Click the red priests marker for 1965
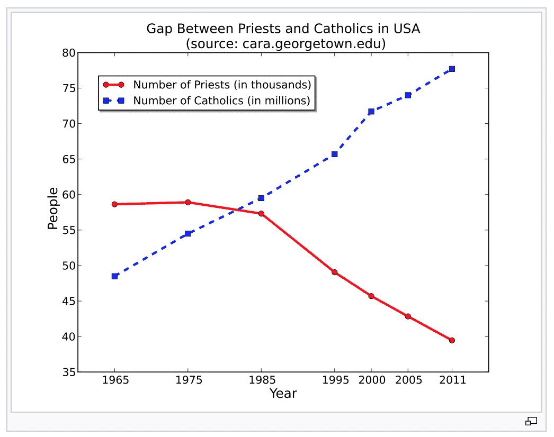tap(114, 204)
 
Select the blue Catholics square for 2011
tap(452, 69)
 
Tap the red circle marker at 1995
tap(334, 272)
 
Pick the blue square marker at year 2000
tap(371, 112)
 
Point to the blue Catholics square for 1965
tap(114, 276)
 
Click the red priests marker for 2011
tap(452, 340)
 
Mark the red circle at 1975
tap(188, 202)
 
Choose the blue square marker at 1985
tap(261, 198)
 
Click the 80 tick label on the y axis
tap(69, 53)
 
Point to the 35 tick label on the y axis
tap(69, 372)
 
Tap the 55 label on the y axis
tap(69, 230)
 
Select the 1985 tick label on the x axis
tap(261, 380)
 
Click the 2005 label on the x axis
tap(408, 380)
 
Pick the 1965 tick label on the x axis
tap(114, 380)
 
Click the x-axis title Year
tap(283, 394)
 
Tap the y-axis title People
tap(52, 208)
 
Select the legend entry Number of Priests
tap(221, 85)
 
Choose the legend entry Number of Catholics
tap(221, 101)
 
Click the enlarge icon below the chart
tap(531, 421)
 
